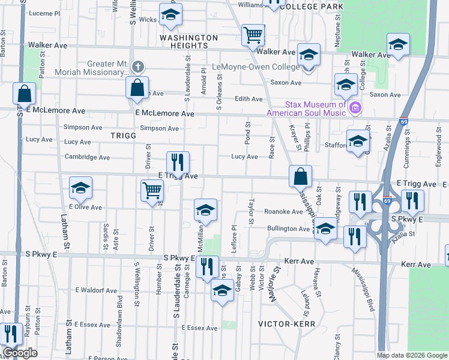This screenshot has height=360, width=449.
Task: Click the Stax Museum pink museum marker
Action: (355, 108)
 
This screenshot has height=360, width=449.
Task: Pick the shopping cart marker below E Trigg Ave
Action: (152, 190)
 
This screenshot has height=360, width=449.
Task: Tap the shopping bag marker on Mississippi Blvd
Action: (300, 176)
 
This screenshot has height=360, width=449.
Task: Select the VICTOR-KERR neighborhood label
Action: (283, 323)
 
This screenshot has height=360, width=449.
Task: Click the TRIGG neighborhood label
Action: (124, 136)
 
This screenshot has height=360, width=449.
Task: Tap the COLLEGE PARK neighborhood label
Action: (312, 7)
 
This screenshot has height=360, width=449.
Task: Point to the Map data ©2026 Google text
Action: (412, 355)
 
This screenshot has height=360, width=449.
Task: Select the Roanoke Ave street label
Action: (283, 212)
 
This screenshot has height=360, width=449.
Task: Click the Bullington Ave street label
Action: (288, 229)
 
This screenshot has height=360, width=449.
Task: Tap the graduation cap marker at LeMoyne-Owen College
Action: (309, 55)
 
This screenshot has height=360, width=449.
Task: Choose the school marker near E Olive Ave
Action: (80, 188)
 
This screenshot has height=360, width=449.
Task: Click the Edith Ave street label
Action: (249, 99)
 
